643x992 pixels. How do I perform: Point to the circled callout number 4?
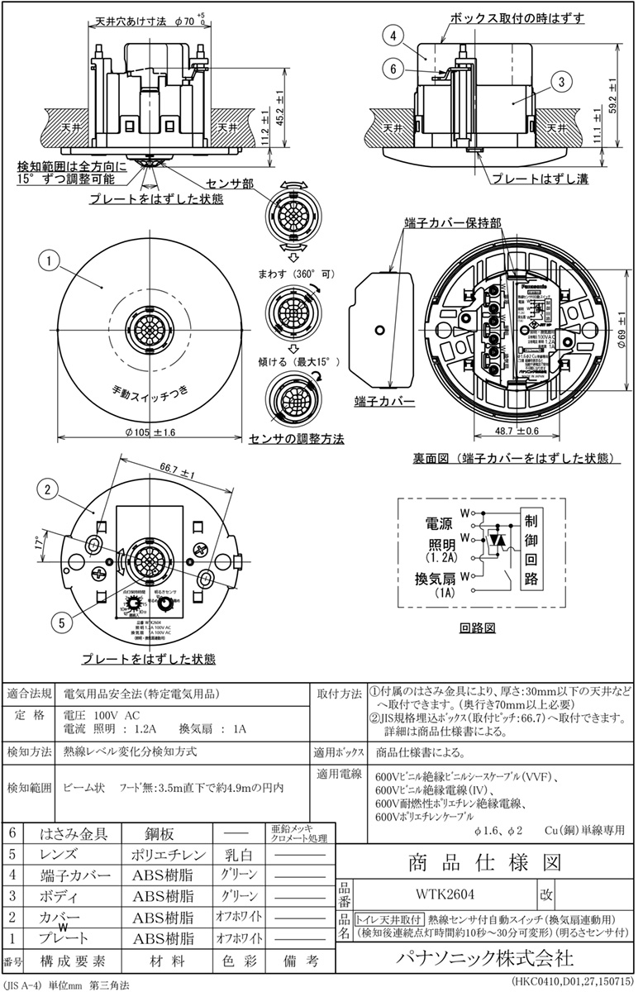pyautogui.click(x=396, y=36)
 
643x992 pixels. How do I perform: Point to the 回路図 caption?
pyautogui.click(x=478, y=627)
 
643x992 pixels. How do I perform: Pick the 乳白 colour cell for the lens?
pyautogui.click(x=240, y=854)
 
